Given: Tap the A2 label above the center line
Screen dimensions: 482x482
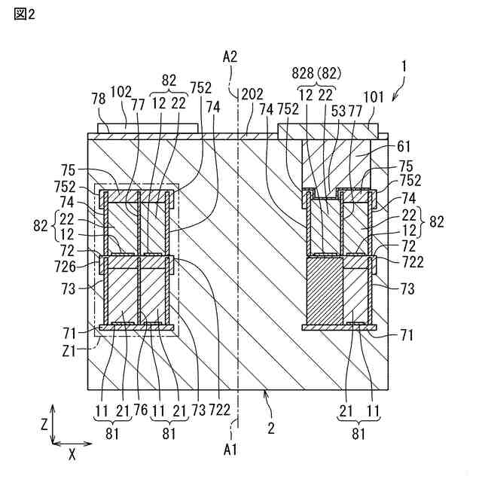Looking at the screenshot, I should [230, 57].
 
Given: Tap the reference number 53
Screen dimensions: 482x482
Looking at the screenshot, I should [340, 110].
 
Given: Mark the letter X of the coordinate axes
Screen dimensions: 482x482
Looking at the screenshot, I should [72, 455].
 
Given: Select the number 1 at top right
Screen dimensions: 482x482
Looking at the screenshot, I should [404, 66].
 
